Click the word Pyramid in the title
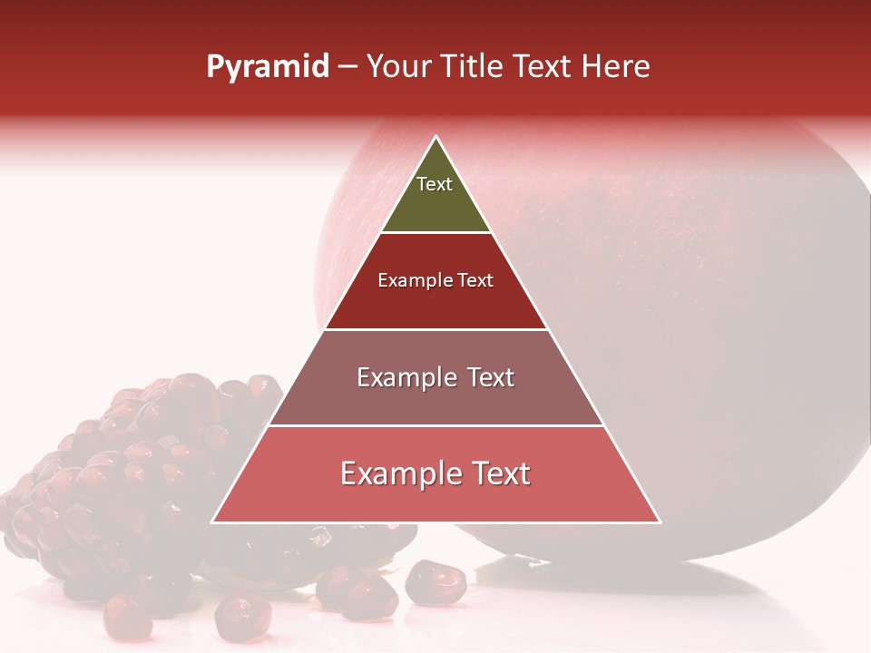point(268,67)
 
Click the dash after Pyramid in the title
point(347,68)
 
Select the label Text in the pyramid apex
point(435,184)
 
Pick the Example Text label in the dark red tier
point(435,280)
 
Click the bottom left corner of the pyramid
point(213,521)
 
